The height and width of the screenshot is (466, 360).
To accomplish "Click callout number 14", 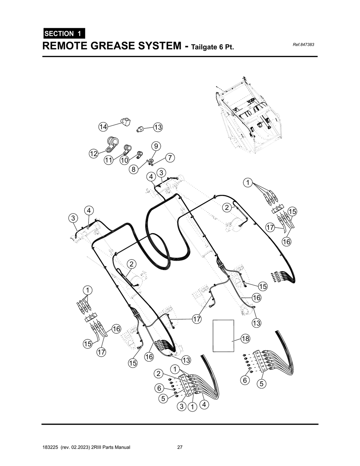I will tap(103, 127).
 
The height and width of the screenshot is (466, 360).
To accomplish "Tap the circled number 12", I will tap(93, 154).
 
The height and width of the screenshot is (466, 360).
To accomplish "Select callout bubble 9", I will tap(156, 146).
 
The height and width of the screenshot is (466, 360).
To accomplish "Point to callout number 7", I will tap(170, 158).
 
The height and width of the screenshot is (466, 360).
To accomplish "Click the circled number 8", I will tap(134, 170).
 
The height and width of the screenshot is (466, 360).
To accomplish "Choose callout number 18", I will tap(245, 339).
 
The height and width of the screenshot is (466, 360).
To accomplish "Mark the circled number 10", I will tap(124, 160).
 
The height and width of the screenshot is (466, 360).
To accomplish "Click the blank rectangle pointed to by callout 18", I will tap(223, 336).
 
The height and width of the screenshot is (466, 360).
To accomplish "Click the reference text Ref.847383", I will tap(303, 45).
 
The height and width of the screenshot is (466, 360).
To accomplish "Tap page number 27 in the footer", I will tap(180, 447).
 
